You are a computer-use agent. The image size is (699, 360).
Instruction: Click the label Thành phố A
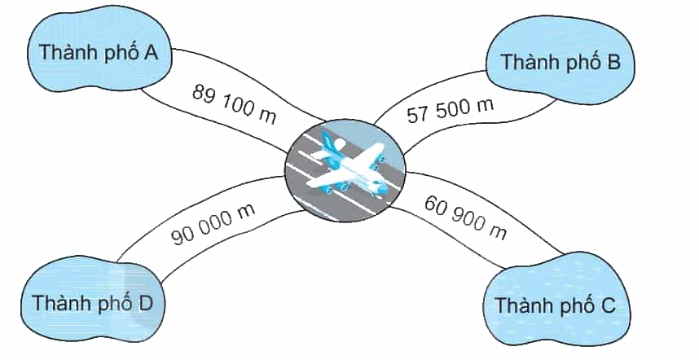click(x=99, y=53)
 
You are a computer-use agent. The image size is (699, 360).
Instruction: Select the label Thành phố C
click(x=556, y=305)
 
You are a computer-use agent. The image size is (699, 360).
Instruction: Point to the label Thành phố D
click(x=93, y=304)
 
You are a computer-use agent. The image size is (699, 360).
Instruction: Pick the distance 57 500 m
click(x=451, y=110)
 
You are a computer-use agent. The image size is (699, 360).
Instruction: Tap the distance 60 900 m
click(x=465, y=217)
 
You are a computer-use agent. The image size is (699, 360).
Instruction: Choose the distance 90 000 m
click(x=213, y=225)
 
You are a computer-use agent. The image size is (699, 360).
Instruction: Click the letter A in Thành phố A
click(x=150, y=52)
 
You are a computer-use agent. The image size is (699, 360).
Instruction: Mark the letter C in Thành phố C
click(x=608, y=305)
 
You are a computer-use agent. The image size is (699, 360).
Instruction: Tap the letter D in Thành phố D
click(x=145, y=304)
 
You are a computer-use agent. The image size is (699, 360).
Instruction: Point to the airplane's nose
click(x=382, y=190)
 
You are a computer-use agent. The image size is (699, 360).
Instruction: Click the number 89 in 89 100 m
click(x=204, y=94)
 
